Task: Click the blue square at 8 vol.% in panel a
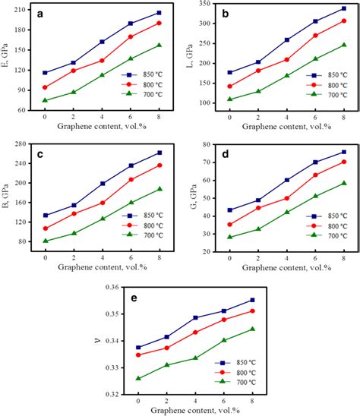coord(159,13)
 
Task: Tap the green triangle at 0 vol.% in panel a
coord(45,100)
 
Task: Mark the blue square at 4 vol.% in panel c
coord(103,184)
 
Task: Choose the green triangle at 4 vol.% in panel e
coord(195,358)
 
